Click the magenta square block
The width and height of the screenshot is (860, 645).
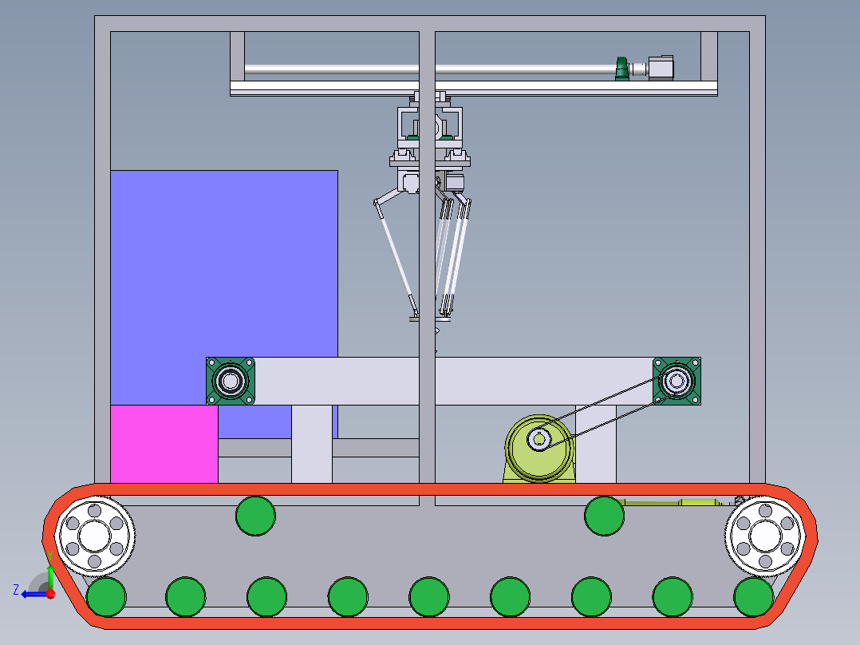click(164, 444)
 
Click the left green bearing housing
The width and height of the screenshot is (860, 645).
click(231, 381)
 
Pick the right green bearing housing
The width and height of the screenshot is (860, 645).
click(677, 381)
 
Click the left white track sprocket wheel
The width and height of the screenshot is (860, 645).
click(94, 536)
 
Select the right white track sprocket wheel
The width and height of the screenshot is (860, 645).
click(765, 536)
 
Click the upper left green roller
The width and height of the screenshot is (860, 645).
click(255, 516)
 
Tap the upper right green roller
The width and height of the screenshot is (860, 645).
click(604, 516)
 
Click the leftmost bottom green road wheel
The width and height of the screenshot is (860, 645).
click(106, 596)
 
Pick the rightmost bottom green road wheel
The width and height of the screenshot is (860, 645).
click(754, 596)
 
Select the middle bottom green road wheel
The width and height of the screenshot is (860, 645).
click(429, 596)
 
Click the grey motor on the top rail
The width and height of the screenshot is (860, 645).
click(661, 68)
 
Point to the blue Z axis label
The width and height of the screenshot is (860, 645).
click(16, 590)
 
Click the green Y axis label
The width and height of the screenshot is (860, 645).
click(50, 556)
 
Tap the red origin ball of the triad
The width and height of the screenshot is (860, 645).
click(51, 594)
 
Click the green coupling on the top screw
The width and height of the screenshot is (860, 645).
click(622, 69)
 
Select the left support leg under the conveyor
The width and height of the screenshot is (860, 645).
click(311, 444)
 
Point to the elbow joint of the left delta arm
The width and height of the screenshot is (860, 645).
click(377, 204)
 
